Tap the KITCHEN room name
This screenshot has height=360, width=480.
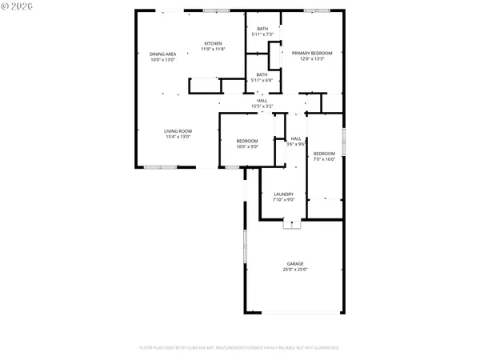[x=213, y=43]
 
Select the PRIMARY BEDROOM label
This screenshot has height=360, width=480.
[x=311, y=54]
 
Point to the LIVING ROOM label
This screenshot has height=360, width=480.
[x=178, y=131]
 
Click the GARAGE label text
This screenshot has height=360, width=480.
[x=295, y=264]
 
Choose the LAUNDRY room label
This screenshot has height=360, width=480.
[x=284, y=194]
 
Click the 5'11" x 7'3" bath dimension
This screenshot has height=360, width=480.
[x=262, y=34]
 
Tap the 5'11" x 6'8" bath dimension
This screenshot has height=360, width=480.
[x=262, y=80]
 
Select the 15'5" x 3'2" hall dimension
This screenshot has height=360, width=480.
[x=262, y=106]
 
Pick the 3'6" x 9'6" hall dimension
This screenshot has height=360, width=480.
[x=296, y=144]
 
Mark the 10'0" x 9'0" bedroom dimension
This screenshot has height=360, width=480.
[x=247, y=146]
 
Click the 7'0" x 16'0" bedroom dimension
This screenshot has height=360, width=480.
[x=324, y=158]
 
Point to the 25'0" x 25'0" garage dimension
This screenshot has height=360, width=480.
[x=295, y=270]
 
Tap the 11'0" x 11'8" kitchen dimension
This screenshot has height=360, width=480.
[x=213, y=49]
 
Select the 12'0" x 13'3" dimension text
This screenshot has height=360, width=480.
[x=311, y=59]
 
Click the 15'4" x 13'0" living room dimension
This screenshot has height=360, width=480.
[x=178, y=137]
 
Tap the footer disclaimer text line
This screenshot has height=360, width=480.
[x=239, y=348]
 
